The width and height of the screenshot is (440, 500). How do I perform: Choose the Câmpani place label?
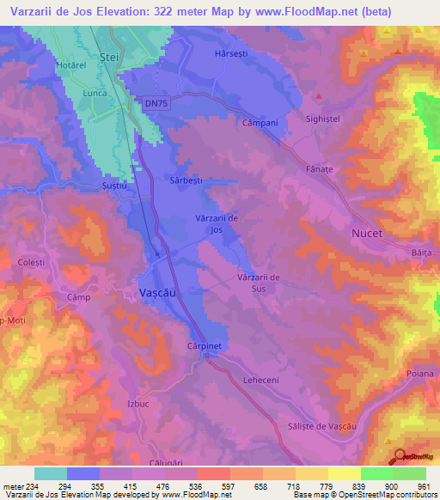click(260, 123)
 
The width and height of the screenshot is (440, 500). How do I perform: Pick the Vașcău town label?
click(159, 293)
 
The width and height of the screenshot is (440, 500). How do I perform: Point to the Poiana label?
click(420, 374)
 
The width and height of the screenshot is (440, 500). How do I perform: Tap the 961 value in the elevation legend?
click(425, 485)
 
